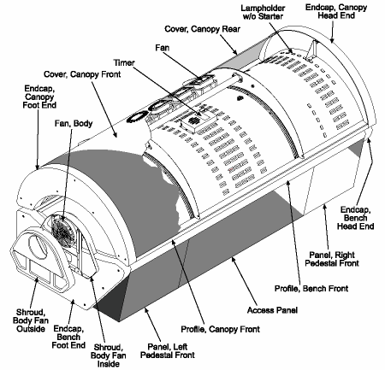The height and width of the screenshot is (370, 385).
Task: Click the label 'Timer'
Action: (x=124, y=62)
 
